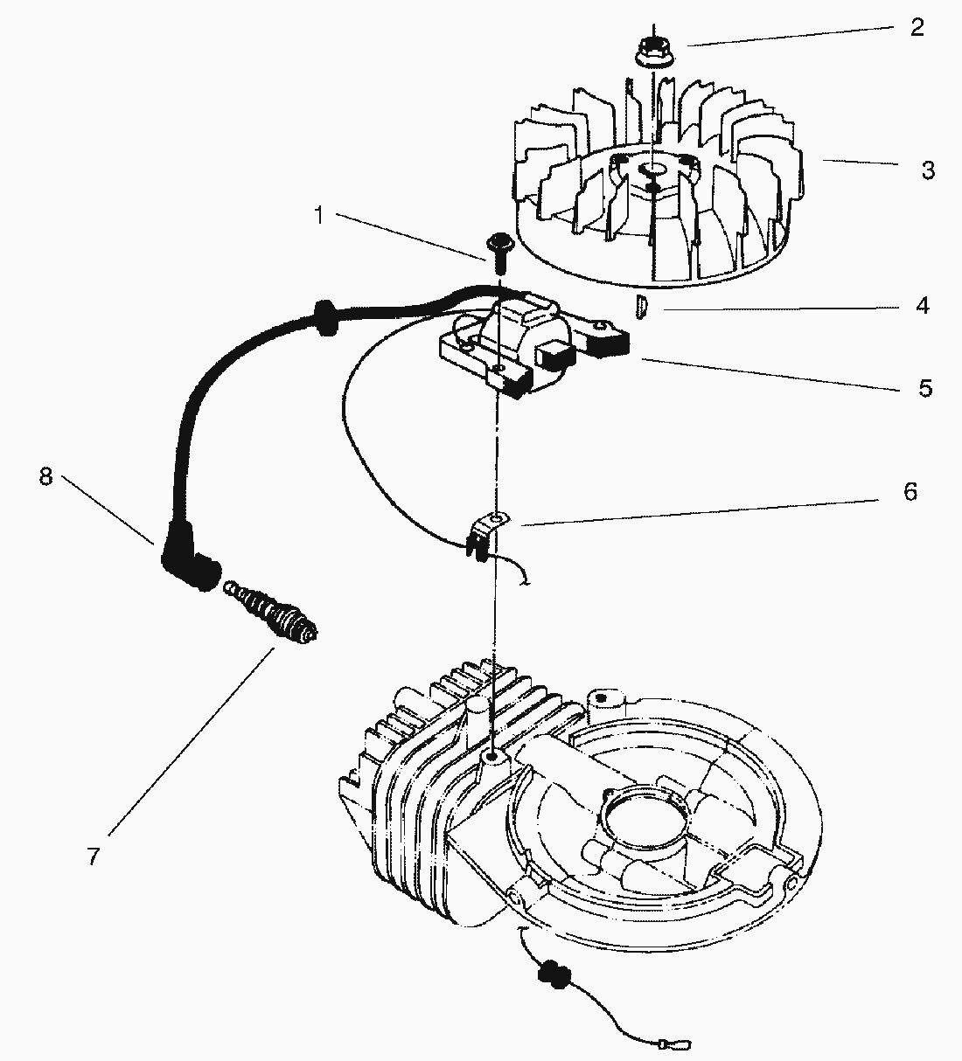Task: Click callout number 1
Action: (x=319, y=214)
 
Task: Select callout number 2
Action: (x=916, y=28)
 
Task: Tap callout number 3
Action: (x=928, y=170)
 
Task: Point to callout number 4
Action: (x=923, y=306)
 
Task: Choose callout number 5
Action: (x=925, y=387)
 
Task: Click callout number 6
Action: (x=910, y=492)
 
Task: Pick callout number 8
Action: (x=45, y=477)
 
